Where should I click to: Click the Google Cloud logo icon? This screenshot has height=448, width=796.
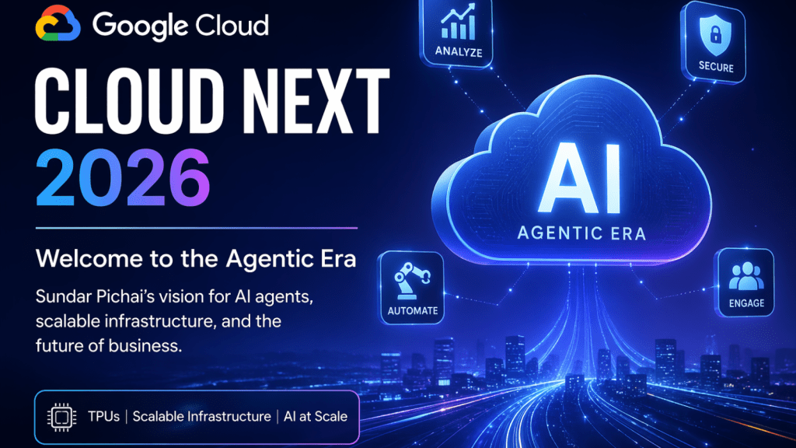(58, 26)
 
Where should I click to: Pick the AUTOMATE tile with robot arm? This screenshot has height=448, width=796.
(411, 285)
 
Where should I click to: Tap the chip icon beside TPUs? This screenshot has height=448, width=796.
(59, 417)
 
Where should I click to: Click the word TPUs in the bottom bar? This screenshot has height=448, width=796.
(103, 417)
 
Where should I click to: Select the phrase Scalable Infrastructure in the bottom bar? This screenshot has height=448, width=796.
(201, 417)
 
